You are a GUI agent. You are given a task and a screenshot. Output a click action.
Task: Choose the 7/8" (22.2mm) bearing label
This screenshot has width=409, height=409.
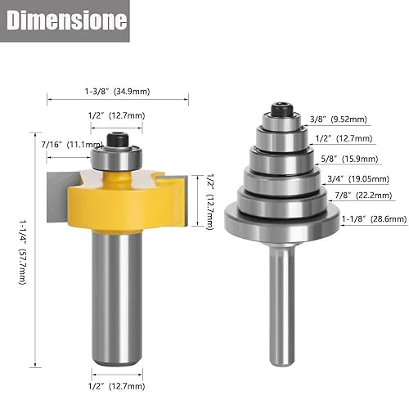[353, 197]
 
